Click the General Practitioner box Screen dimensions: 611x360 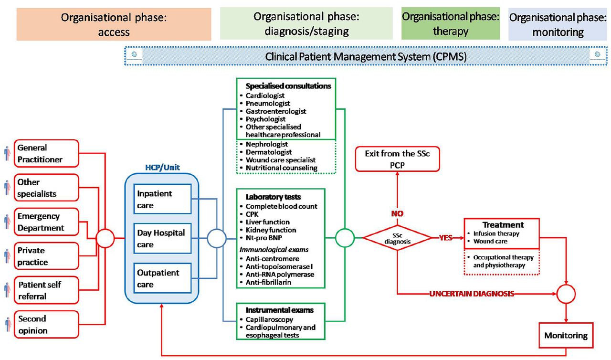click(x=46, y=153)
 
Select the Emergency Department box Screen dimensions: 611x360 click(x=46, y=222)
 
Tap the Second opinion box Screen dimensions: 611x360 click(x=46, y=324)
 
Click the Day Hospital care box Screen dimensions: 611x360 click(x=163, y=238)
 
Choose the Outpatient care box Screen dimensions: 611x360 click(x=163, y=278)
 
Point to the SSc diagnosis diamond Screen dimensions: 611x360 click(x=398, y=238)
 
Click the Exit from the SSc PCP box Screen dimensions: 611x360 click(x=398, y=159)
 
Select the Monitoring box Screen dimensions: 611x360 click(x=566, y=335)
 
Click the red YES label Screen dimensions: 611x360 click(x=446, y=238)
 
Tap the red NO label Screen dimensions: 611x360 click(x=397, y=213)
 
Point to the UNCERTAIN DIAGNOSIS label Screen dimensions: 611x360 click(x=472, y=294)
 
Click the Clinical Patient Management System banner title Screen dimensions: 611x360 click(x=366, y=57)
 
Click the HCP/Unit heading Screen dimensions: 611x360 click(x=162, y=167)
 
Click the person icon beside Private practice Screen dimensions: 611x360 click(x=7, y=256)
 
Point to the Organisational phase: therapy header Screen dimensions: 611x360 click(x=451, y=23)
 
